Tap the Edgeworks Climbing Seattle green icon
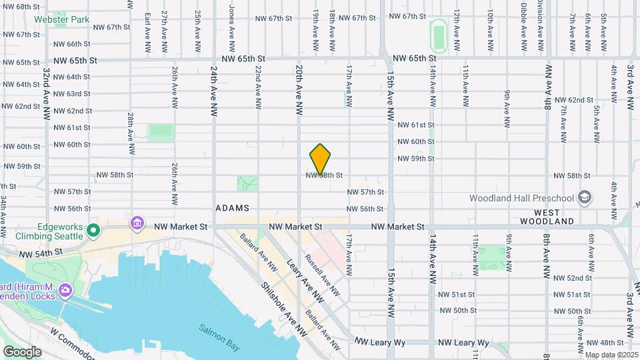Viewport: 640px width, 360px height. [94, 231]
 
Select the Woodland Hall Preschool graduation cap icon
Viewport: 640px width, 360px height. [585, 197]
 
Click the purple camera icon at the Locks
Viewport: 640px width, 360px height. [65, 290]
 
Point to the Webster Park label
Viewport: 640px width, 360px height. [71, 20]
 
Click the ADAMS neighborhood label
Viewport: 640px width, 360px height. [232, 209]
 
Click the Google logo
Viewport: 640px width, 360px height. [22, 351]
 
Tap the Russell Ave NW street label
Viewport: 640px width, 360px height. [322, 273]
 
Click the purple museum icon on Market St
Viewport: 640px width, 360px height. [137, 221]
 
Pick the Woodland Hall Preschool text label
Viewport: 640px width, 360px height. [521, 198]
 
